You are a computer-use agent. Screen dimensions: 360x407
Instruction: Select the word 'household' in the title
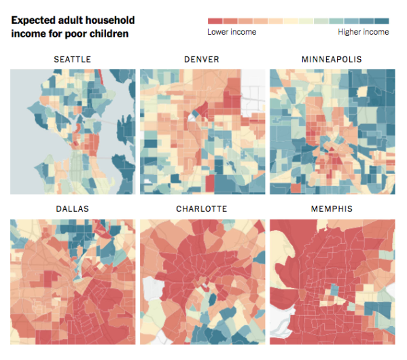click(x=111, y=20)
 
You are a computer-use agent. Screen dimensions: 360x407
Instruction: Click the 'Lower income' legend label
click(x=232, y=32)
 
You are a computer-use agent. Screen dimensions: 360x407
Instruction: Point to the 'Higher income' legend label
click(x=364, y=32)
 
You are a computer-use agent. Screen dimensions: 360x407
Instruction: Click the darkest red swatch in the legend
click(x=215, y=21)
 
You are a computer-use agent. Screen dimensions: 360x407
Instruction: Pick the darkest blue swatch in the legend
click(x=382, y=21)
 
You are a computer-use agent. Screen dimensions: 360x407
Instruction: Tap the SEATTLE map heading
click(x=72, y=60)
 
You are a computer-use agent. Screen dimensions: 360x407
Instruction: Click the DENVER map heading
click(x=202, y=60)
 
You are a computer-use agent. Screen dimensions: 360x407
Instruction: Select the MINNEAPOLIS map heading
click(x=332, y=60)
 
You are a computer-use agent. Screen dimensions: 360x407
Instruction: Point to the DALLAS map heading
click(x=72, y=209)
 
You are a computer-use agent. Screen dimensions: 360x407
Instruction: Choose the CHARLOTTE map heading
click(x=202, y=209)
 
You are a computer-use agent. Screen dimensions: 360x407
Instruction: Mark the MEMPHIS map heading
click(x=332, y=209)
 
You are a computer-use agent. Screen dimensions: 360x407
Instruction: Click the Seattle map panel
click(x=72, y=131)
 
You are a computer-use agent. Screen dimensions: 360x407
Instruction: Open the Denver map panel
click(x=202, y=131)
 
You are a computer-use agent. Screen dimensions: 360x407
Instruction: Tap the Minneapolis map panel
click(x=332, y=131)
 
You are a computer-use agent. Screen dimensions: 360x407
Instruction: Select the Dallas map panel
click(x=72, y=281)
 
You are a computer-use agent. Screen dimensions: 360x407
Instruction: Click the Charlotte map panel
click(x=202, y=281)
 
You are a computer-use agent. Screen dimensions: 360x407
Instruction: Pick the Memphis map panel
click(x=332, y=281)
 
